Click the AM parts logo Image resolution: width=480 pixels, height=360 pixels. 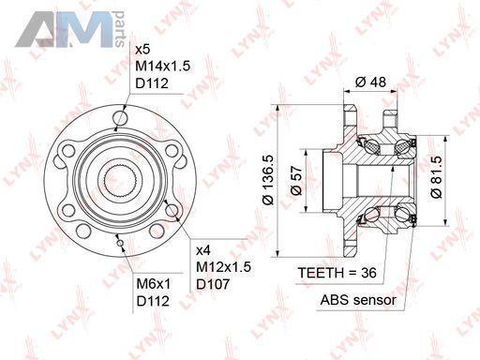pyautogui.click(x=70, y=29)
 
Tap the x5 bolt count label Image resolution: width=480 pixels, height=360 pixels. pyautogui.click(x=142, y=50)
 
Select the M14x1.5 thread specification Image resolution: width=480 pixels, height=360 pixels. pyautogui.click(x=163, y=67)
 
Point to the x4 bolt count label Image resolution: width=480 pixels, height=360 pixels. pyautogui.click(x=203, y=250)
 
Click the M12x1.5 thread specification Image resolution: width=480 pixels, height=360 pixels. pyautogui.click(x=223, y=267)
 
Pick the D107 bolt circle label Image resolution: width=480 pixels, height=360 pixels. pyautogui.click(x=213, y=284)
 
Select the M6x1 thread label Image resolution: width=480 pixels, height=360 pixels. pyautogui.click(x=154, y=284)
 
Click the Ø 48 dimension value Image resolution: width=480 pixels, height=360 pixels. pyautogui.click(x=370, y=82)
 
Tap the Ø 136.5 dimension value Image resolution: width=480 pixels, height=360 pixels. pyautogui.click(x=268, y=179)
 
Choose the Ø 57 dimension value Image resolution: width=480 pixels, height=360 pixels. pyautogui.click(x=296, y=180)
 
